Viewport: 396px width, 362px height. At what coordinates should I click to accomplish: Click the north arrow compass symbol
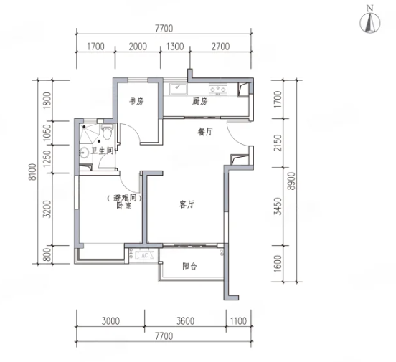tap(369, 23)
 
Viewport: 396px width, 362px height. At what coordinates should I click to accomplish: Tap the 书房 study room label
tap(136, 102)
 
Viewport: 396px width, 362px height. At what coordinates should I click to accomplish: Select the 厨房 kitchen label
tap(199, 102)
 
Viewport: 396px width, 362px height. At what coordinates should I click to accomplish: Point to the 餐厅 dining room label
tap(205, 132)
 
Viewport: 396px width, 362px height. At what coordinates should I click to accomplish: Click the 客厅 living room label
tap(187, 204)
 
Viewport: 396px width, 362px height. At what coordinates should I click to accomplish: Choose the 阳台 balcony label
tap(189, 266)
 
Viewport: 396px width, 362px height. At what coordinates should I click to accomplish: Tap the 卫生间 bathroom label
tap(103, 151)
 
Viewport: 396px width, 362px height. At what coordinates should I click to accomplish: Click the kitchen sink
tap(179, 89)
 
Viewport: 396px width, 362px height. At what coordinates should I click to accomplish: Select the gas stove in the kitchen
tap(218, 90)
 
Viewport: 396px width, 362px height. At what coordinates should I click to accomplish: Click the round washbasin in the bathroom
tap(83, 153)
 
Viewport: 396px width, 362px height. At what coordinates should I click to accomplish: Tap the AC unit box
tap(144, 255)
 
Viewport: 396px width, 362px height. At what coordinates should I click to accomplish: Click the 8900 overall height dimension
tap(292, 181)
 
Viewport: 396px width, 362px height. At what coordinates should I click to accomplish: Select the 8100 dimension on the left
tap(33, 172)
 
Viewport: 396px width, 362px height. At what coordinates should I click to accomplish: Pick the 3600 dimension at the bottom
tap(185, 321)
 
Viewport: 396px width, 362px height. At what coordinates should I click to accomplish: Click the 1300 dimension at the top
tap(175, 47)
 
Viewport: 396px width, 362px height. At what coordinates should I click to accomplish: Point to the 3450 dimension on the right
tap(278, 206)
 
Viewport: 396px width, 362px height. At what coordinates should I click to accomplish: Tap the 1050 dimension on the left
tap(47, 133)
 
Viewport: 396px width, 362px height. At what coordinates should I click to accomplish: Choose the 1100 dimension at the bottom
tap(238, 321)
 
